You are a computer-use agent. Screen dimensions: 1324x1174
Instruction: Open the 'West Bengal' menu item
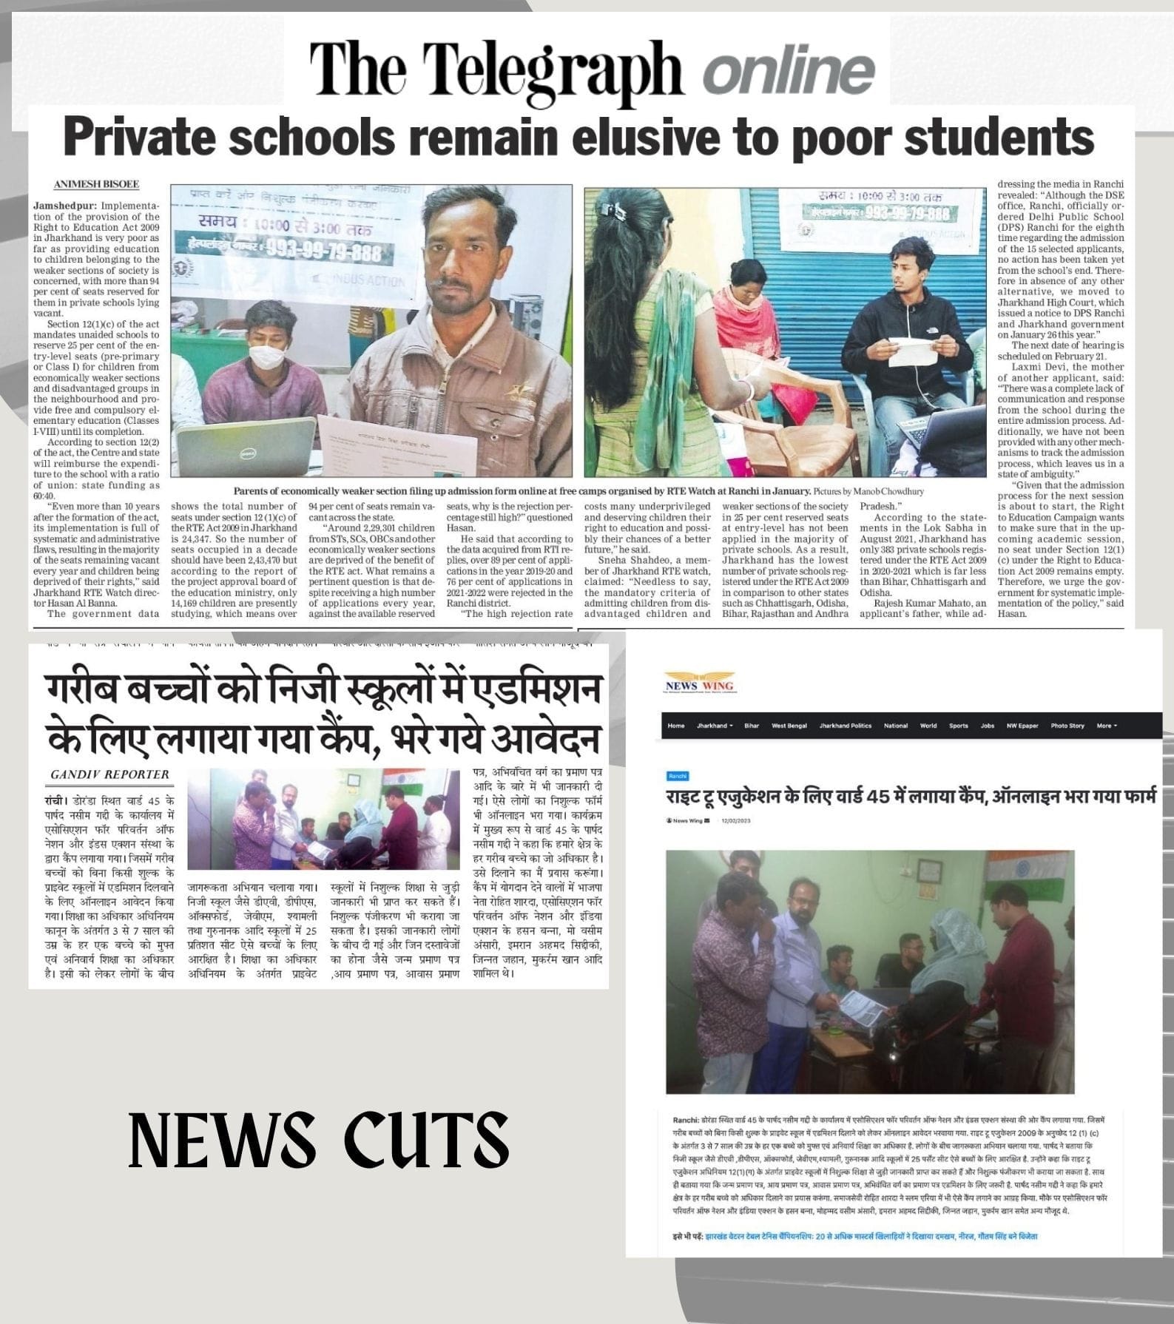tap(789, 726)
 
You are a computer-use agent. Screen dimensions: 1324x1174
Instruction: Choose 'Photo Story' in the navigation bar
tap(1067, 726)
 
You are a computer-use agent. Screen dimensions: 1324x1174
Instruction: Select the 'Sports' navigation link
tap(958, 726)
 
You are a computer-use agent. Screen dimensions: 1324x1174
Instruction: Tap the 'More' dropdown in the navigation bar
tap(1106, 726)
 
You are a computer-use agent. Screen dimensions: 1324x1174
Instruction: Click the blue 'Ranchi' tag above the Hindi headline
tap(677, 776)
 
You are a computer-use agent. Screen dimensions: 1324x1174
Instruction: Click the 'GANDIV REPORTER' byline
tap(109, 774)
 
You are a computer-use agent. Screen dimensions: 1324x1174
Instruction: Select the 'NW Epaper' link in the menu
tap(1022, 726)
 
